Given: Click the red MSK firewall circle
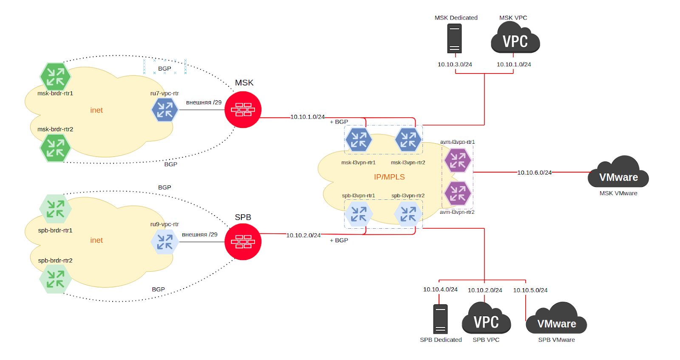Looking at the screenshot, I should pos(243,109).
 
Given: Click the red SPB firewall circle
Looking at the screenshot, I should pos(243,241).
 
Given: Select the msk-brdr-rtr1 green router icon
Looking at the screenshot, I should pos(55,77).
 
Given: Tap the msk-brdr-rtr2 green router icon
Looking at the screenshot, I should pos(55,148).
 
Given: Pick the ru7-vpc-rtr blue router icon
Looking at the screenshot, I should pos(164,109).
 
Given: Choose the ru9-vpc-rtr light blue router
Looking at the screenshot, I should pos(164,241).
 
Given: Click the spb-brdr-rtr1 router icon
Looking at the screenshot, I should pos(55,208).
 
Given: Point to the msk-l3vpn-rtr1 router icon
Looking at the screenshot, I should pos(358,139).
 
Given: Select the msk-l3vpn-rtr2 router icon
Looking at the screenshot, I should pos(408,139).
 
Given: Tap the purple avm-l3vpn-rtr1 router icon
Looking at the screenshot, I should pos(457,160).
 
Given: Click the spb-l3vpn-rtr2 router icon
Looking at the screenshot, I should pos(408,214).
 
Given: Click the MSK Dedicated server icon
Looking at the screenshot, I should pos(454,38).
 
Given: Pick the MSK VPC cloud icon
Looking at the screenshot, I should pos(515,39).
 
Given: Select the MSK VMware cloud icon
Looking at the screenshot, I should pos(618,173).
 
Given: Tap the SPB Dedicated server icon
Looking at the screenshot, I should pos(440,319).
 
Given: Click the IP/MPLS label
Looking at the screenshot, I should pos(389,177).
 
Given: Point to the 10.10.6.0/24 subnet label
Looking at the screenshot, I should pos(534,173).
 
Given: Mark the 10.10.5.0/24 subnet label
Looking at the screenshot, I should pos(530,290).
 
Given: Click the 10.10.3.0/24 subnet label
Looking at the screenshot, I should pos(455,65).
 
